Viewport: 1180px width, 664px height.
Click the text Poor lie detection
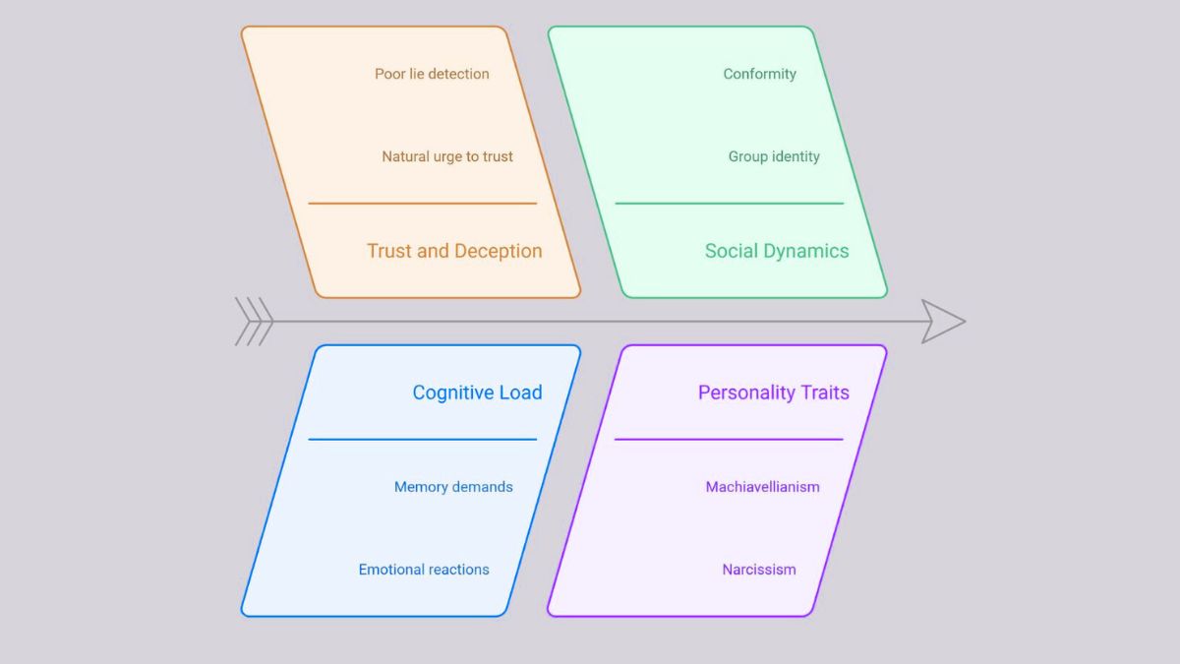(432, 74)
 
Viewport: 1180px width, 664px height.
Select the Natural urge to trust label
(447, 156)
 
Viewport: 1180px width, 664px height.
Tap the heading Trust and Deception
(454, 251)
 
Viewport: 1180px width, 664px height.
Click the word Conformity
(759, 74)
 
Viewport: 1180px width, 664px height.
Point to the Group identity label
(774, 156)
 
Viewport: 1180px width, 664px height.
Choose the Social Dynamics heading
(776, 251)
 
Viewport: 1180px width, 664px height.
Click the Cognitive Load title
(477, 392)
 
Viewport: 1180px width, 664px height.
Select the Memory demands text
(453, 487)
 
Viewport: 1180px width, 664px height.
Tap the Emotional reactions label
(424, 570)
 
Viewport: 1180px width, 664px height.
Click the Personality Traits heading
(773, 392)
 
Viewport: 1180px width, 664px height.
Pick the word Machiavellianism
(762, 487)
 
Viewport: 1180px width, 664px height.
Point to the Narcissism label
(759, 570)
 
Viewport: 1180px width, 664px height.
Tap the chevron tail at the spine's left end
(253, 322)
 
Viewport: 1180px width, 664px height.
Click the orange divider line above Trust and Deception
(423, 204)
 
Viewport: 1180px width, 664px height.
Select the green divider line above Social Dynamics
(729, 204)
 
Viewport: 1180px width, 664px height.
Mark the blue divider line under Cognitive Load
(423, 440)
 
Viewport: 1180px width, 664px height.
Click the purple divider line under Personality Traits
(729, 440)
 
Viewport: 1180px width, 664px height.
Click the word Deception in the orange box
(499, 251)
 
